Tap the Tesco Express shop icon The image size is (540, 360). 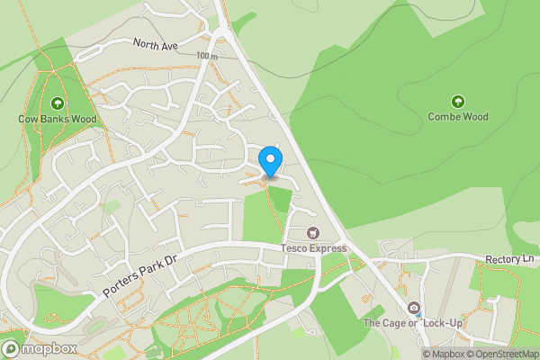313,233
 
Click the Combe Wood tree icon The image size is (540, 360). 458,102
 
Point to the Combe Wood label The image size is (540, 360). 458,117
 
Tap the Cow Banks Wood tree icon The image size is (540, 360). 58,103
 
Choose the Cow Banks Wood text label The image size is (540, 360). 58,118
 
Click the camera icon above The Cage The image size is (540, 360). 413,308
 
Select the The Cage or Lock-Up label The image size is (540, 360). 405,322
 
